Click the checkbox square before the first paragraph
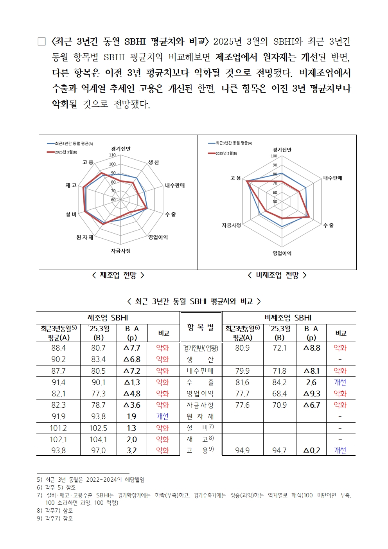pos(41,41)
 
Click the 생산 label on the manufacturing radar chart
pos(154,162)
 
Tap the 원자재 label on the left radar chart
pos(85,237)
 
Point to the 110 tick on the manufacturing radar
pos(112,155)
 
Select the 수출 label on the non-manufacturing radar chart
pos(329,225)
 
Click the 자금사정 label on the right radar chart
pos(232,225)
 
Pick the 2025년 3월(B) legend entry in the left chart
pos(63,152)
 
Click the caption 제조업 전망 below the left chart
pos(118,275)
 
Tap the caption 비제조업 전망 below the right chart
pos(277,275)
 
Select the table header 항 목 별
pos(201,328)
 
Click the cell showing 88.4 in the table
pos(59,348)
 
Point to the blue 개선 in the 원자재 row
pos(163,416)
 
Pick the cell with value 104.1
pos(98,439)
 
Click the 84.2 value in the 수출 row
pos(279,382)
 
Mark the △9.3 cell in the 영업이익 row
pos(312,394)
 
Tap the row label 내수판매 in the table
pos(200,371)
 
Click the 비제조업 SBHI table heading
pos(289,318)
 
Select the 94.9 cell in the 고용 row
pos(242,451)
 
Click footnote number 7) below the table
pos(39,495)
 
